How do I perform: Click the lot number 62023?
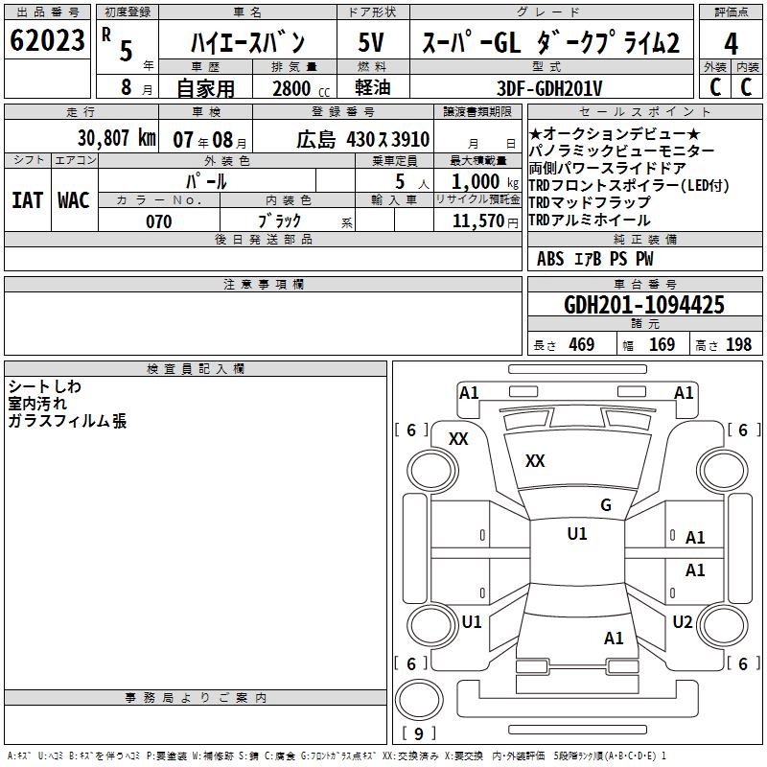(47, 41)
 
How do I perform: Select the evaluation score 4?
(731, 43)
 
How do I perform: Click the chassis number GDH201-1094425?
(644, 306)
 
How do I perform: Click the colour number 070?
(158, 221)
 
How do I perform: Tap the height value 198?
(737, 345)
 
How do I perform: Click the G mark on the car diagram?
(606, 504)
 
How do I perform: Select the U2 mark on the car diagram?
(682, 622)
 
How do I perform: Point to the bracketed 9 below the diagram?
(418, 734)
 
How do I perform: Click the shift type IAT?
(27, 200)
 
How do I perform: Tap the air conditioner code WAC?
(73, 200)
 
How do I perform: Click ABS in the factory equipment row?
(550, 259)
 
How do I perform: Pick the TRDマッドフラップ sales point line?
(589, 203)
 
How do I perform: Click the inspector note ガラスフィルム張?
(67, 421)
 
